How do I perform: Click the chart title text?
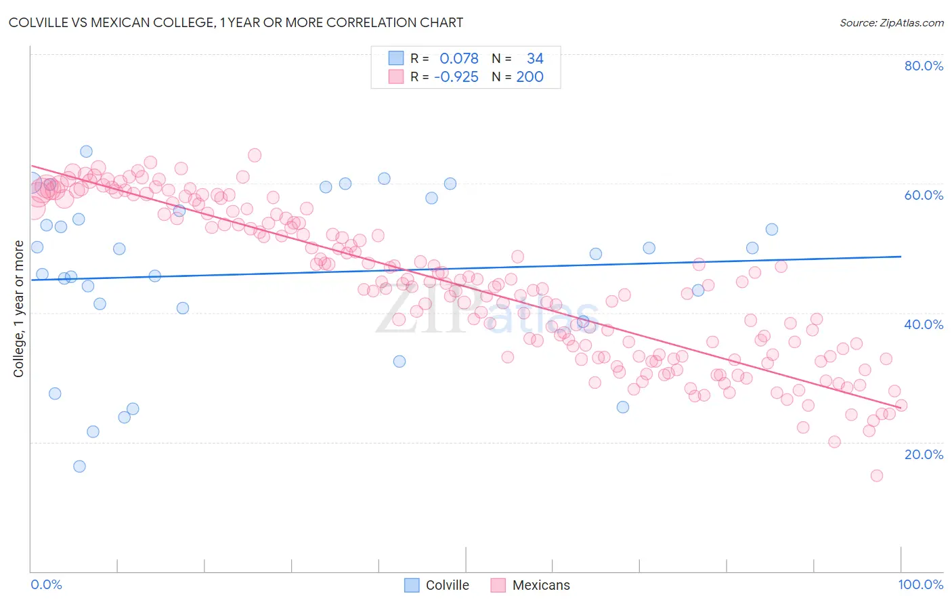click(x=236, y=22)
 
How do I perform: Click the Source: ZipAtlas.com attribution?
click(x=891, y=22)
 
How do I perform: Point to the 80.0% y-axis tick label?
click(x=924, y=66)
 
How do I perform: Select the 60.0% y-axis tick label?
click(x=924, y=195)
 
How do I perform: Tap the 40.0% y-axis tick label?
click(x=924, y=324)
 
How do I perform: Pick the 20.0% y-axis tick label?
click(x=924, y=454)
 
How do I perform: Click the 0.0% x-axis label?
click(x=46, y=584)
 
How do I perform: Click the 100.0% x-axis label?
click(x=920, y=584)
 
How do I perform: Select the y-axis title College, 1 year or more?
click(x=19, y=309)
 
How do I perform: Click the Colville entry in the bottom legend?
click(x=447, y=585)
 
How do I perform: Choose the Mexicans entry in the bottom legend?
click(x=540, y=585)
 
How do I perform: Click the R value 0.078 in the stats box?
click(x=459, y=59)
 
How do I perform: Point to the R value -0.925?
click(x=456, y=77)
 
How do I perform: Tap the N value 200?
click(x=529, y=77)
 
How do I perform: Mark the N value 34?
click(x=535, y=59)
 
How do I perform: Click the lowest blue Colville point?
click(x=79, y=466)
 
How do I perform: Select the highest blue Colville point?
click(x=86, y=152)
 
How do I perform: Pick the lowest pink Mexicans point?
click(x=876, y=475)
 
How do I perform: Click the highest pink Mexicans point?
click(x=255, y=155)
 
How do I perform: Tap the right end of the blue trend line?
click(x=901, y=257)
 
